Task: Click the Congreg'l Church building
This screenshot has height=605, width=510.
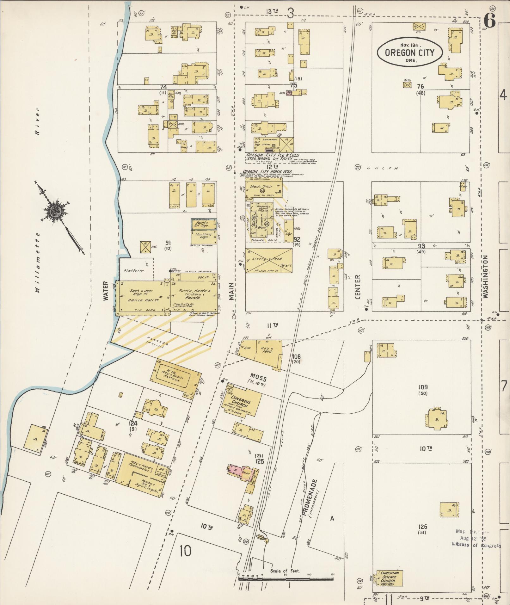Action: tap(244, 401)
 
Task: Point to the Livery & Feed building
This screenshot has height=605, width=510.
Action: tap(269, 260)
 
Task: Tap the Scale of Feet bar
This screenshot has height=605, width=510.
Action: tap(286, 578)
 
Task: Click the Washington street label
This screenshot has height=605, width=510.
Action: tap(485, 277)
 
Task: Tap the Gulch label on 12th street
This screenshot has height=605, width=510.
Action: tap(381, 168)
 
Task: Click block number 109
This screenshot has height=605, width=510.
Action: tap(423, 387)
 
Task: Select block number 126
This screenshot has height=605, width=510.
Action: tap(422, 527)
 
